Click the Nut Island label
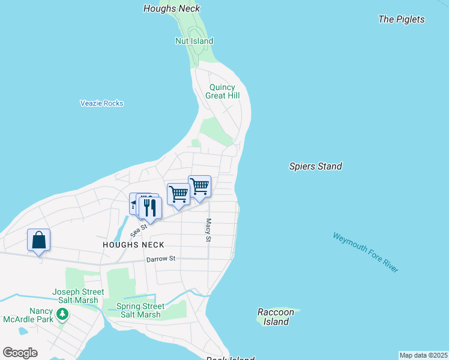click(194, 41)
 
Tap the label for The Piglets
click(402, 19)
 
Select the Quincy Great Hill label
click(221, 91)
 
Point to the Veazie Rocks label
click(101, 103)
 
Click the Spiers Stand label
click(315, 166)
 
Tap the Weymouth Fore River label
click(366, 253)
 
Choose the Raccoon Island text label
click(276, 317)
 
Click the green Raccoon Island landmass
click(294, 311)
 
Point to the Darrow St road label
click(160, 259)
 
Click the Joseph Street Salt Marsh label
click(78, 296)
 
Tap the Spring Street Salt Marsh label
click(140, 310)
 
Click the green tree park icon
click(62, 314)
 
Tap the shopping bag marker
click(38, 241)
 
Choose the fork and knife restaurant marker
click(149, 208)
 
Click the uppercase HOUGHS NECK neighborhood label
click(133, 245)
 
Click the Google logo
click(20, 353)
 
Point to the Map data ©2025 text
click(423, 355)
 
